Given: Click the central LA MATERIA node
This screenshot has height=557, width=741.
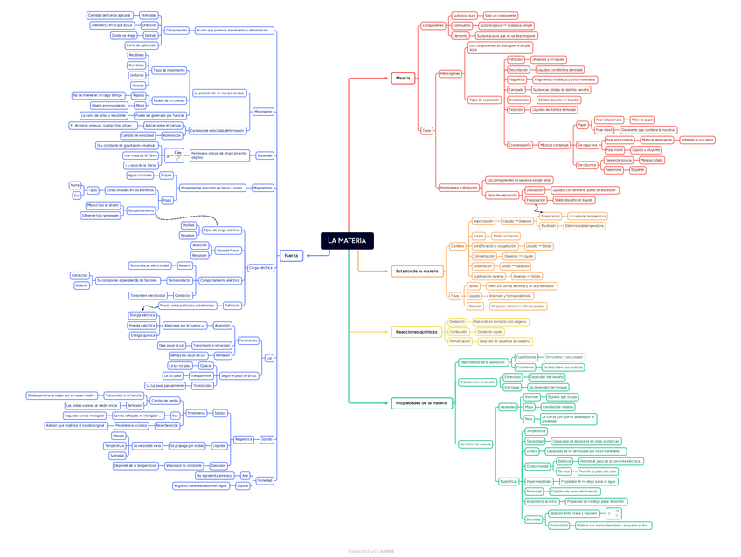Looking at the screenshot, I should pos(347,240).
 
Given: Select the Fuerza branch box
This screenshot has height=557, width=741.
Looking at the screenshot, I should pos(291,255).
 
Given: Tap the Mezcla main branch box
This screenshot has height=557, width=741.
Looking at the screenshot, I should pos(403,79).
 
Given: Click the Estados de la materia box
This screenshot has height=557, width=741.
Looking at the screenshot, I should pos(417,272).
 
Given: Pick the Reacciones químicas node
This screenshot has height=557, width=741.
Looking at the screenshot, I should pos(416,332).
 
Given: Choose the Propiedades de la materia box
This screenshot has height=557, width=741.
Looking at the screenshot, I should pos(421,402).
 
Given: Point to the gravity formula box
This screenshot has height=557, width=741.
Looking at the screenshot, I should pos(175,155).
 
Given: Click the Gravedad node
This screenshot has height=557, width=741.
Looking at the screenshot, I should pos(264,155).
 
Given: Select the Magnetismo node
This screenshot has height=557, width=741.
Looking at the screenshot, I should pos(262,188).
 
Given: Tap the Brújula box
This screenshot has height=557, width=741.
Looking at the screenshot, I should pos(166,175).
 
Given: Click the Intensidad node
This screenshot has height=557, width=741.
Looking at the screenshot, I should pos(149,15).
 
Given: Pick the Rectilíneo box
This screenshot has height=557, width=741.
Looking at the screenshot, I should pos(136,55).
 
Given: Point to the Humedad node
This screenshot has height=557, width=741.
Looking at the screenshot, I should pos(265,480).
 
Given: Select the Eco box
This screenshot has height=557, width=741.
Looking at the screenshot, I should pos(175,416).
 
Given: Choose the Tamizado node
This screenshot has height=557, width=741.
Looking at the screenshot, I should pos(516,89).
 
